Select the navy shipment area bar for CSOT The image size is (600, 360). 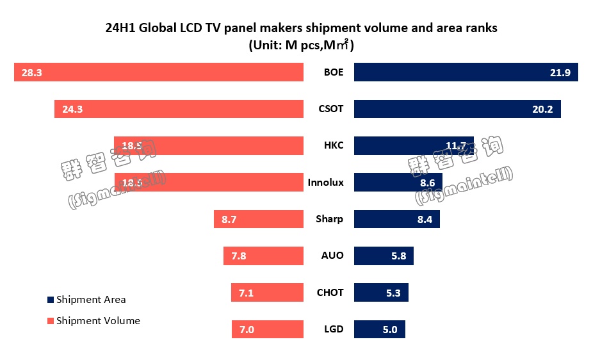click(457, 109)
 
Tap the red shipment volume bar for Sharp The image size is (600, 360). click(258, 219)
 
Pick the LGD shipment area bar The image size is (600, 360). click(379, 329)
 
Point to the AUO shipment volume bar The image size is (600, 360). click(263, 256)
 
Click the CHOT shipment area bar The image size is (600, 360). click(381, 293)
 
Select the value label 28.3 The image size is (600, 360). click(31, 72)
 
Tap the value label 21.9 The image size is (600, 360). click(560, 72)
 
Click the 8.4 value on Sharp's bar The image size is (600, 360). click(425, 219)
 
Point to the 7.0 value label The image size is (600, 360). click(247, 329)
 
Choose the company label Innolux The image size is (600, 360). click(325, 183)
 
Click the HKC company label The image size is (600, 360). click(334, 145)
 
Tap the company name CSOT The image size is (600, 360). click(331, 109)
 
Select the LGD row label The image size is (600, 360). click(334, 329)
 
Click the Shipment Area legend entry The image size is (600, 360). click(91, 299)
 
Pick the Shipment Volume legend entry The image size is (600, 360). click(98, 320)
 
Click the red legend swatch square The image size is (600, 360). click(51, 320)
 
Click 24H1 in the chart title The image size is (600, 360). click(120, 28)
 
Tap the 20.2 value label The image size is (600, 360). click(542, 109)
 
